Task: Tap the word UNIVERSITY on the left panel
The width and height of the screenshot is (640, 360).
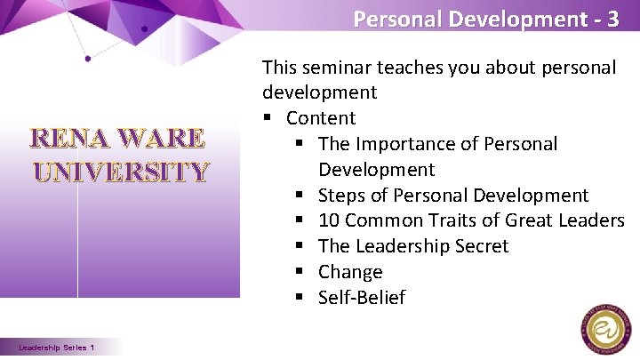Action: click(x=121, y=171)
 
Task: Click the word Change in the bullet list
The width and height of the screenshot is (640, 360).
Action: click(x=350, y=272)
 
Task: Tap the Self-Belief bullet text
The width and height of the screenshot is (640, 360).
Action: click(x=362, y=298)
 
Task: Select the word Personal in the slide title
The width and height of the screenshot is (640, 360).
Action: click(x=392, y=19)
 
